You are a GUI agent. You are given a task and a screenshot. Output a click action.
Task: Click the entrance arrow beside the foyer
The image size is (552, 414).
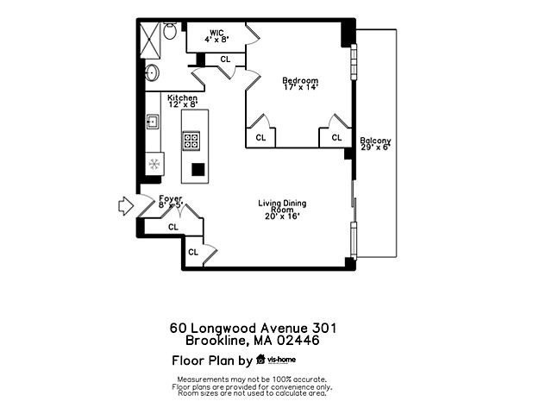click(124, 206)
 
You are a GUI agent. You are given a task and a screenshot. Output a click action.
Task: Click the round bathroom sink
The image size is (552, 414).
click(151, 72)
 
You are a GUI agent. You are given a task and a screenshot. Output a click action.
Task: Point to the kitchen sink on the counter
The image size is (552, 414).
click(152, 121)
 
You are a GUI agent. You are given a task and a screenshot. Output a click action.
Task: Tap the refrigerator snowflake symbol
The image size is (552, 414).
click(155, 163)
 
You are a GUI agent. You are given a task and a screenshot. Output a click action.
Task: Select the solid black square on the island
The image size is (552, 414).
click(198, 169)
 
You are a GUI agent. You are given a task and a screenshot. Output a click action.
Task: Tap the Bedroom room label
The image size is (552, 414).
click(301, 82)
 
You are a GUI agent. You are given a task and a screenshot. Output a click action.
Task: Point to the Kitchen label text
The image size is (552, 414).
click(182, 97)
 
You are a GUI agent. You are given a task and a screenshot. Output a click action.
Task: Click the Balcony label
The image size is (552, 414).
click(375, 141)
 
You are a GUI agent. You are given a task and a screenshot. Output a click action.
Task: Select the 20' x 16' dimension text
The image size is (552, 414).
click(282, 216)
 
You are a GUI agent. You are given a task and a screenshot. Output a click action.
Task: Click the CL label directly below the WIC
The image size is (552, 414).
click(225, 59)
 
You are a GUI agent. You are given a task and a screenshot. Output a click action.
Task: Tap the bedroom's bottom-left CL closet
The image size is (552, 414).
click(260, 137)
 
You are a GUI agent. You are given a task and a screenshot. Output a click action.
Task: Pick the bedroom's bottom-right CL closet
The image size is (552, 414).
click(336, 137)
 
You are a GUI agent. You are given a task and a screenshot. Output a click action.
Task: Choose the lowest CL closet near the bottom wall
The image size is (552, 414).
click(193, 252)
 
